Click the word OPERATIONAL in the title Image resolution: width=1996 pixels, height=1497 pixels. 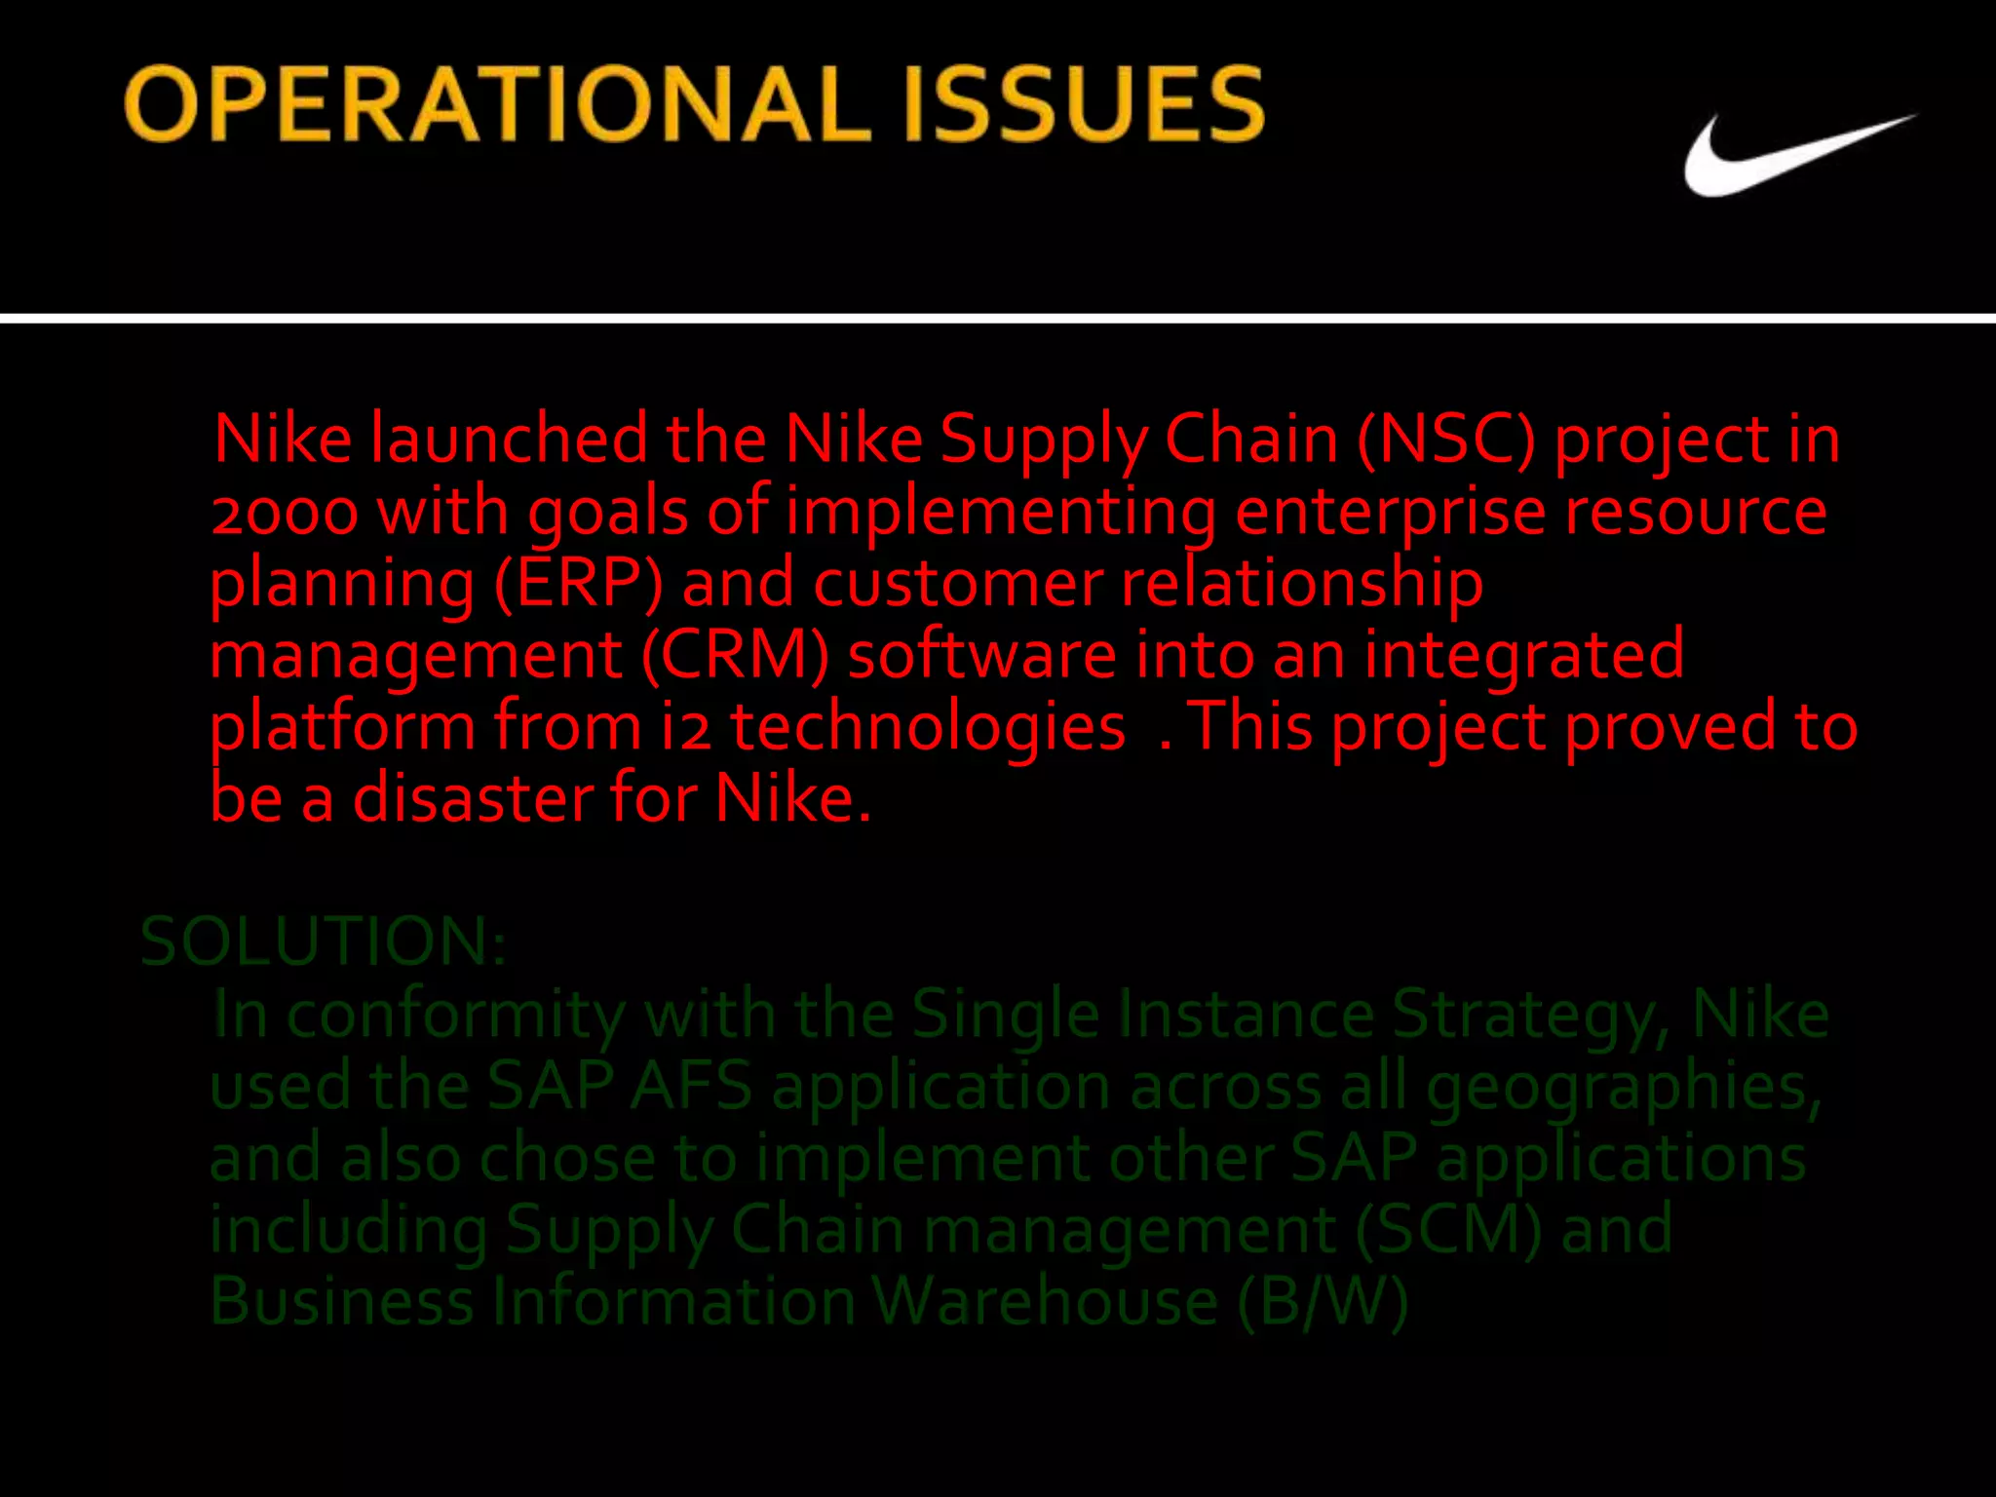pos(497,105)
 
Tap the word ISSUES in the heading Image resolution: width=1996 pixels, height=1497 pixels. pos(1082,105)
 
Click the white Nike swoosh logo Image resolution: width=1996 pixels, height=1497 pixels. pos(1793,156)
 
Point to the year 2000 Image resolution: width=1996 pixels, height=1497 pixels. pos(285,512)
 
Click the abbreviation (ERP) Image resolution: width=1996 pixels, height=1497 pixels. pos(578,583)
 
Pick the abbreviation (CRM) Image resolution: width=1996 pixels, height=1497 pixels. pos(735,654)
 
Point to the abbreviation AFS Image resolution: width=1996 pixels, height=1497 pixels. pos(690,1086)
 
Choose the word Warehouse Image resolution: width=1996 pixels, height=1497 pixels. pos(1044,1301)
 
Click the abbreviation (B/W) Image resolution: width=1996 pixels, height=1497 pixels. pos(1323,1301)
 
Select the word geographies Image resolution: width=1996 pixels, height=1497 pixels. pos(1623,1086)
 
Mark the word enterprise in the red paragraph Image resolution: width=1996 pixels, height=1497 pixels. pos(1390,512)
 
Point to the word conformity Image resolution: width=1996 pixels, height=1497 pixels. pos(455,1015)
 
